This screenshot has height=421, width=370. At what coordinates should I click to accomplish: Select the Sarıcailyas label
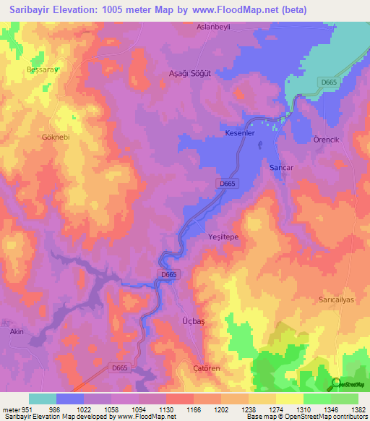(337, 299)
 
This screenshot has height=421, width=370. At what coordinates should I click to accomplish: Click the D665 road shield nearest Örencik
(328, 83)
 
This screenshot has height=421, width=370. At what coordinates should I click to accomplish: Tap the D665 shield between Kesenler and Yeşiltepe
(227, 184)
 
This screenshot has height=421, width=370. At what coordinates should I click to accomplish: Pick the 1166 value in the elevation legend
(192, 409)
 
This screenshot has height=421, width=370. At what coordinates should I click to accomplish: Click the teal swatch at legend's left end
(42, 399)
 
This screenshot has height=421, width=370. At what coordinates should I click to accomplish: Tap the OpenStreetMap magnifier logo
(336, 384)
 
